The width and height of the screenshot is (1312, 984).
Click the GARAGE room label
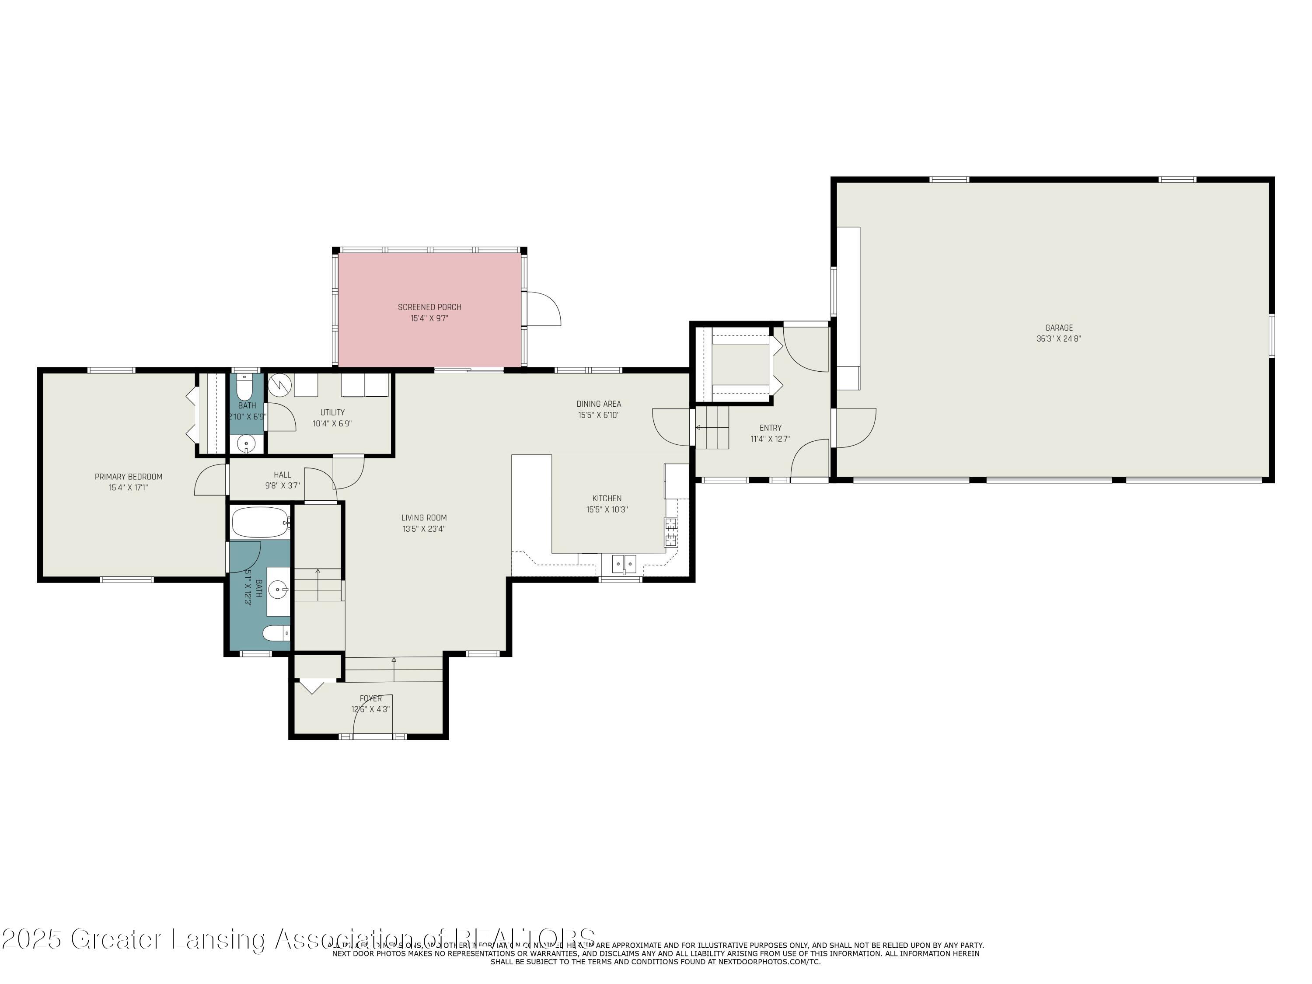pyautogui.click(x=1059, y=328)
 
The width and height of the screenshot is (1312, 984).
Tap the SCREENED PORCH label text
pyautogui.click(x=429, y=307)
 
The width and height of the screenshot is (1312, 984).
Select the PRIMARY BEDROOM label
pyautogui.click(x=129, y=477)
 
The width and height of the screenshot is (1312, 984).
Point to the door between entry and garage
pyautogui.click(x=854, y=428)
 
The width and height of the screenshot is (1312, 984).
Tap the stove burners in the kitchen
pyautogui.click(x=671, y=531)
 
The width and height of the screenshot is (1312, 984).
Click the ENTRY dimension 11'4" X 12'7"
pyautogui.click(x=770, y=440)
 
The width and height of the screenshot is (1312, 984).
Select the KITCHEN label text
pyautogui.click(x=607, y=498)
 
